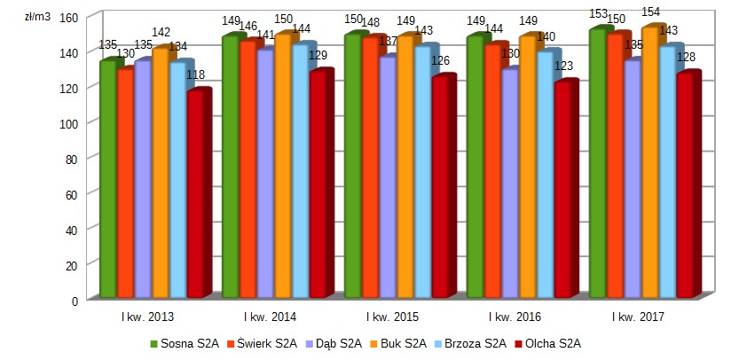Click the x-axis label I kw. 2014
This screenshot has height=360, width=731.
(270, 317)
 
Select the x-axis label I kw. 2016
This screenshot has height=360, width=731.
(515, 317)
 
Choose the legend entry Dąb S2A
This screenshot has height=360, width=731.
(337, 343)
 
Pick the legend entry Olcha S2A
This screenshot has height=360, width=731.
(553, 343)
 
